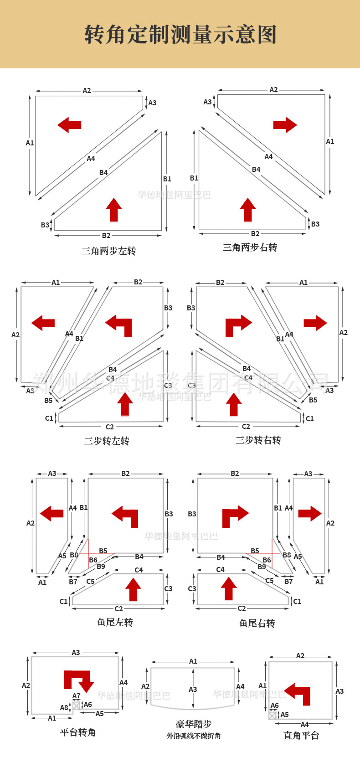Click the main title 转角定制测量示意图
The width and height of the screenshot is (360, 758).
[x=180, y=35]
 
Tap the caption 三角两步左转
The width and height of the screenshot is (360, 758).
[x=108, y=251]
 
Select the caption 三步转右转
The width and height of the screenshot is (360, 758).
[x=258, y=440]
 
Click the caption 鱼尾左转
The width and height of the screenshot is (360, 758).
[x=115, y=622]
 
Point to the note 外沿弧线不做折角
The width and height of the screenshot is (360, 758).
[x=193, y=736]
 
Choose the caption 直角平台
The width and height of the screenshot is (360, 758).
[x=301, y=735]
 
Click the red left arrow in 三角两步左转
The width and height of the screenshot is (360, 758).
[x=69, y=124]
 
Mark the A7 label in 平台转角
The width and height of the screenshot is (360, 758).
[x=76, y=696]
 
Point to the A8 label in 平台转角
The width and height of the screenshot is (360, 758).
[x=64, y=708]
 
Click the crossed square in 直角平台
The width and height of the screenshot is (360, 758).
[x=273, y=715]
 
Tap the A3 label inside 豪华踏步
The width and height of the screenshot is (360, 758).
[x=193, y=690]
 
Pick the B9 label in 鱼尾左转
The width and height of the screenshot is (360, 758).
[x=101, y=567]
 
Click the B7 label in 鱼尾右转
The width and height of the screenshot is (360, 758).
[x=288, y=582]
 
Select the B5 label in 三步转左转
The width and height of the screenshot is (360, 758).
[x=48, y=400]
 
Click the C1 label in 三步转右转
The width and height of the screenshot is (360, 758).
[x=309, y=418]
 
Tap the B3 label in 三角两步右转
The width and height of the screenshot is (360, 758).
[x=315, y=224]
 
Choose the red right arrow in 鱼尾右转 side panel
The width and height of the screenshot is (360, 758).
[x=310, y=513]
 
